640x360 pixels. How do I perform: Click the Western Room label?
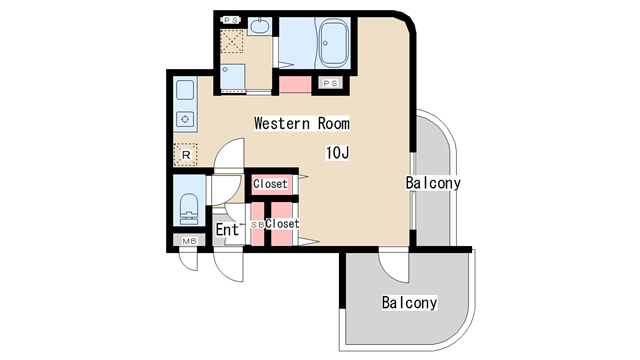coord(302,123)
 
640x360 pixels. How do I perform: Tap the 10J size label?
coord(337,153)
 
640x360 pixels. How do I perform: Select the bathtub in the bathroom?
coord(333,42)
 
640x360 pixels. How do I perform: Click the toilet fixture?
coord(189,209)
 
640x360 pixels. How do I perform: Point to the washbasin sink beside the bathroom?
coord(258,26)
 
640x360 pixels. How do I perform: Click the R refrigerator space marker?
coord(186,155)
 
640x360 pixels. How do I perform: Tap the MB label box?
coord(189,241)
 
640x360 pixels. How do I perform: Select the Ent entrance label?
coord(227,229)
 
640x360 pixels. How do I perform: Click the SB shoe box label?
coord(257,224)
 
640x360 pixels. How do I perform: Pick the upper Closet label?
coord(270,184)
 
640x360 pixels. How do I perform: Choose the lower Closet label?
coord(282,224)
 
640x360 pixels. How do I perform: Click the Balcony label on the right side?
coord(433,182)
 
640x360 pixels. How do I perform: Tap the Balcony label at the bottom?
coord(409,302)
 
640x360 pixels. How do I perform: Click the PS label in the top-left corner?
coord(231,20)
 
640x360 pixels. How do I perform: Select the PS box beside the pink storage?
coord(330,83)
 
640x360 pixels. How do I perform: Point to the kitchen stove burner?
coord(185,119)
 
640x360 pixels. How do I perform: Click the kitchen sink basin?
coord(185,90)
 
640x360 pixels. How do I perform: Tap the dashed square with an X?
coord(232,41)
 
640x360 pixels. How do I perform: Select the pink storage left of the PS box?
coord(295,84)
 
